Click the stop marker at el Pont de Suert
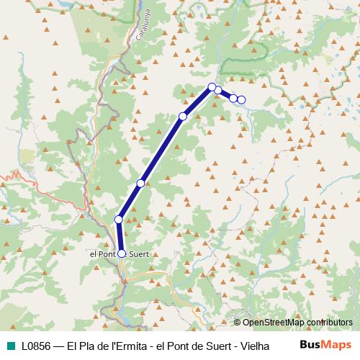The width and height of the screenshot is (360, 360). pos(122,253)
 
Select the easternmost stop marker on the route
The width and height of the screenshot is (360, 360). pos(242,99)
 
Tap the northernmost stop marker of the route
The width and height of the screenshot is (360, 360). pos(212,87)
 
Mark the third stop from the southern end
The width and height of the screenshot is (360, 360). pos(141,184)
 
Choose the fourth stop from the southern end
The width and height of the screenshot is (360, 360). pos(183,117)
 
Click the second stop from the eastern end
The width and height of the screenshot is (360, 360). pos(234,98)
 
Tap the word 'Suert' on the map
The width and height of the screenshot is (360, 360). pos(139,253)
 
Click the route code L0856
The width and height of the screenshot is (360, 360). pos(35,345)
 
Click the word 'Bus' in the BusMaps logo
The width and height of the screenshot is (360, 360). pos(310,344)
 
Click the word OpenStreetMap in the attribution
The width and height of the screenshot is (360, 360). pos(273,322)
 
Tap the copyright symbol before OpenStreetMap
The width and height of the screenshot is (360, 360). pos(237,322)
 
